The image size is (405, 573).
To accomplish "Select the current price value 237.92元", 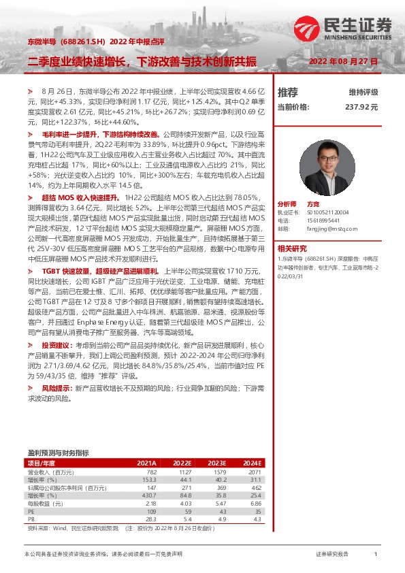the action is (x=361, y=107).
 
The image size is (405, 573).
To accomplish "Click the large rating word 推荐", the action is (x=288, y=92).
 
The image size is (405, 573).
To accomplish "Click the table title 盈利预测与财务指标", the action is (x=58, y=452).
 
